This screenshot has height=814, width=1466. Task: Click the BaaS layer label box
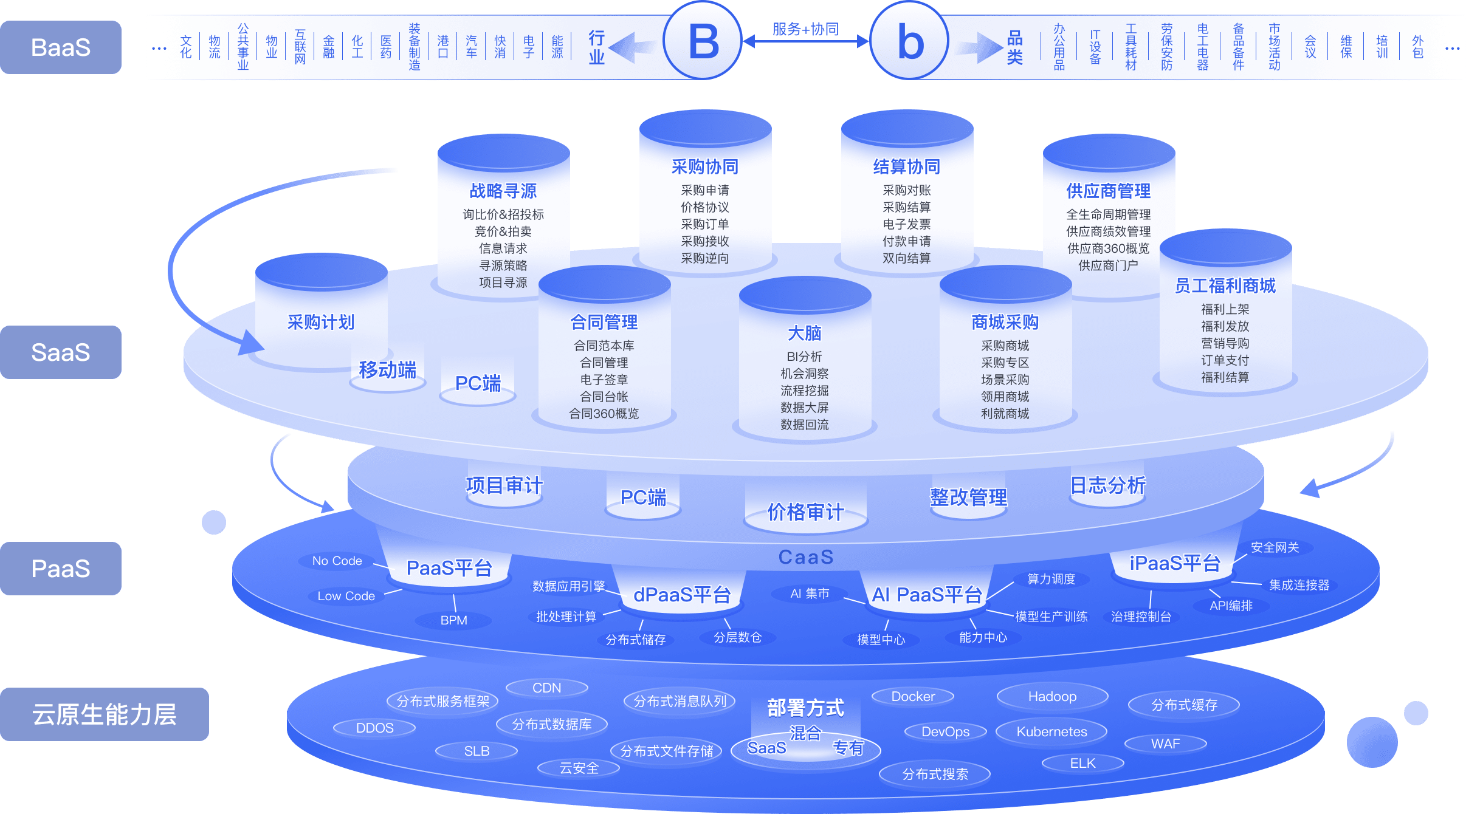61,47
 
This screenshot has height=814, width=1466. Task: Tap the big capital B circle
703,41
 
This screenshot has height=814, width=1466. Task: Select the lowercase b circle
909,41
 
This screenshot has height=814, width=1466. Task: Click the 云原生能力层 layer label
104,714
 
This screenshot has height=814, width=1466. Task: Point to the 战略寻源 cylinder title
503,191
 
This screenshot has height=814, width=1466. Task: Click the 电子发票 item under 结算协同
906,224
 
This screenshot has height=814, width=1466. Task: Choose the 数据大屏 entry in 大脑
805,408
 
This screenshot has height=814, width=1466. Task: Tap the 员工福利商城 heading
1225,286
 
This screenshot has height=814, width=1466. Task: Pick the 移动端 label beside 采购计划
388,370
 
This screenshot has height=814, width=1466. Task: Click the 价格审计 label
805,512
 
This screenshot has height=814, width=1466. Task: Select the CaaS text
806,557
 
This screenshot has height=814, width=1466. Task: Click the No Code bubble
337,561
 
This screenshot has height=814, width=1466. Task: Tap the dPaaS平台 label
682,595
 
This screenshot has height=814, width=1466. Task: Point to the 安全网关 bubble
1275,547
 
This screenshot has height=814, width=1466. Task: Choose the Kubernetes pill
1051,732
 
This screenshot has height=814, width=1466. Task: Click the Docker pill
913,697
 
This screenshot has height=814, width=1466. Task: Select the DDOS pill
374,728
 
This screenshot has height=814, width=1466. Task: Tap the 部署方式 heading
805,708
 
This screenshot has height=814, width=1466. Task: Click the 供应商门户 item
1108,265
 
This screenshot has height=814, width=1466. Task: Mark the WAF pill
1165,744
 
